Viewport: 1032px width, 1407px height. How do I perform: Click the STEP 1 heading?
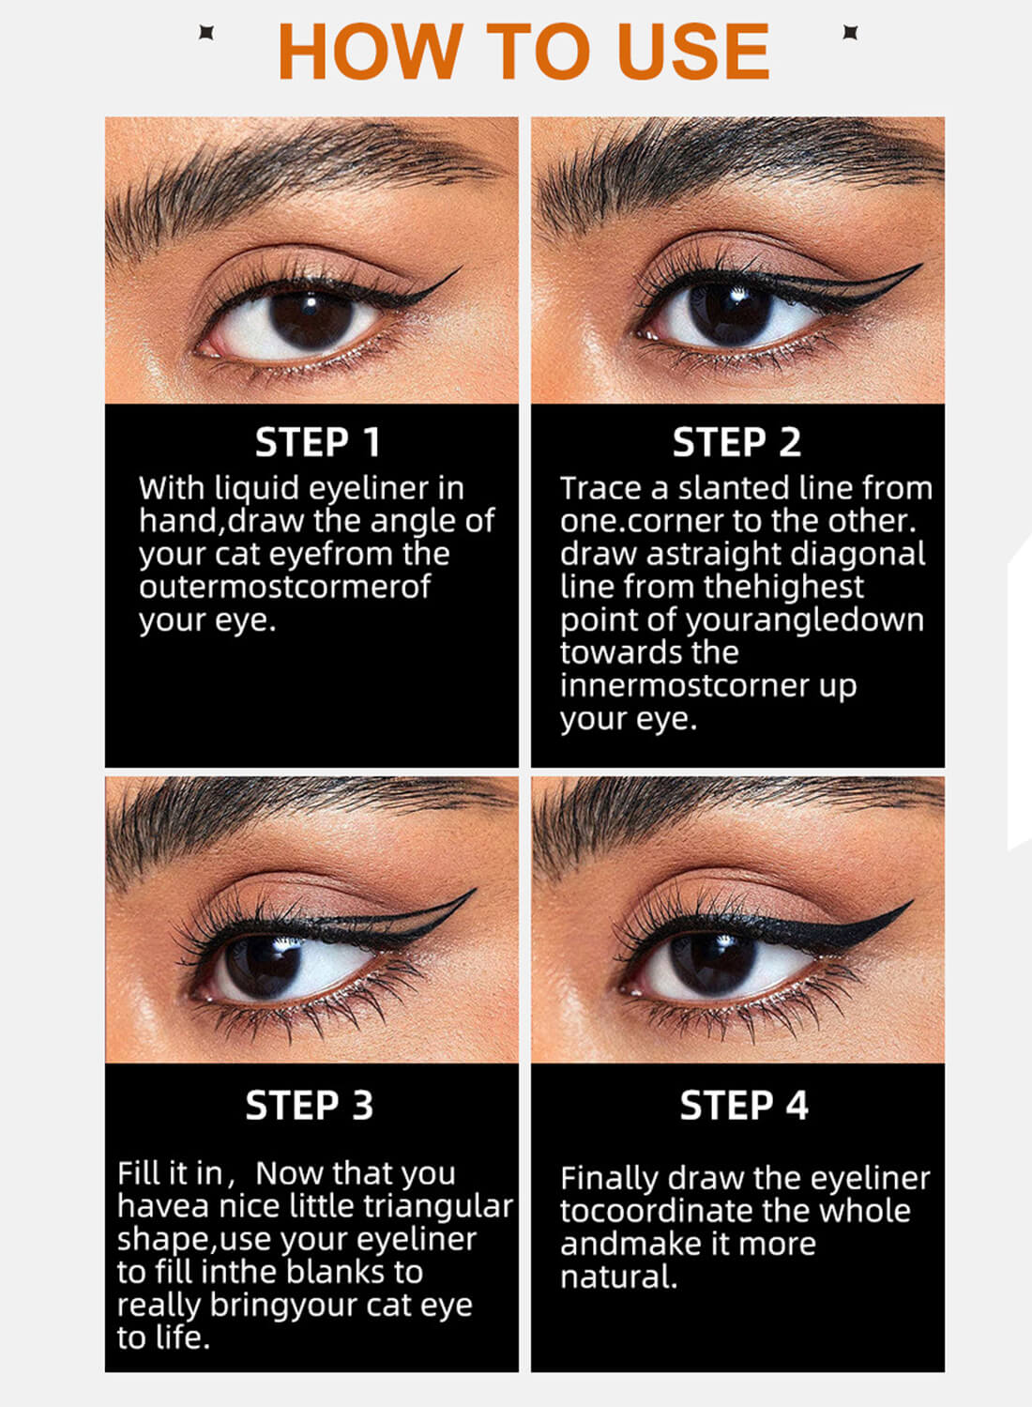tap(317, 442)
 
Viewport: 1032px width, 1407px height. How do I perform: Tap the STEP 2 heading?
tap(736, 442)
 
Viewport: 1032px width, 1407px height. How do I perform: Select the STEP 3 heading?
tap(309, 1105)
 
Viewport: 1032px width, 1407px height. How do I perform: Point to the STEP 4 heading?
tap(744, 1105)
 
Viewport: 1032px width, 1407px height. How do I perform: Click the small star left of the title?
tap(206, 33)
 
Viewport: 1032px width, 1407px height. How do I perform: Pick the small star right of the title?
tap(850, 33)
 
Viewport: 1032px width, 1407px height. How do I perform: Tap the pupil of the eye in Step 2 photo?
tap(730, 311)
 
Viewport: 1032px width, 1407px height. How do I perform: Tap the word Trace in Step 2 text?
tap(600, 488)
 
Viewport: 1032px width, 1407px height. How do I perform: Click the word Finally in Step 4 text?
tap(609, 1178)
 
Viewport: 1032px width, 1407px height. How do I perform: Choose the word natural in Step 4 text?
tap(617, 1277)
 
